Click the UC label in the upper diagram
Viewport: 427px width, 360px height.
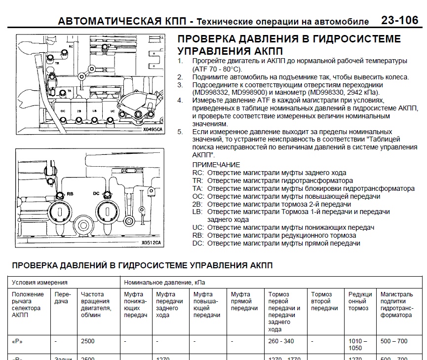(113, 111)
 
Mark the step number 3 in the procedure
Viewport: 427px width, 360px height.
(180, 85)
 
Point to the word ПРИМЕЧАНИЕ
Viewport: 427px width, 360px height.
(216, 165)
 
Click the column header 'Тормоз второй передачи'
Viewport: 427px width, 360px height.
(324, 301)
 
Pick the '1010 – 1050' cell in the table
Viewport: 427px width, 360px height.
(358, 344)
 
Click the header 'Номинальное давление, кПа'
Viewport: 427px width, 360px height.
(164, 283)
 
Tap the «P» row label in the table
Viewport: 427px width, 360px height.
(19, 341)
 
